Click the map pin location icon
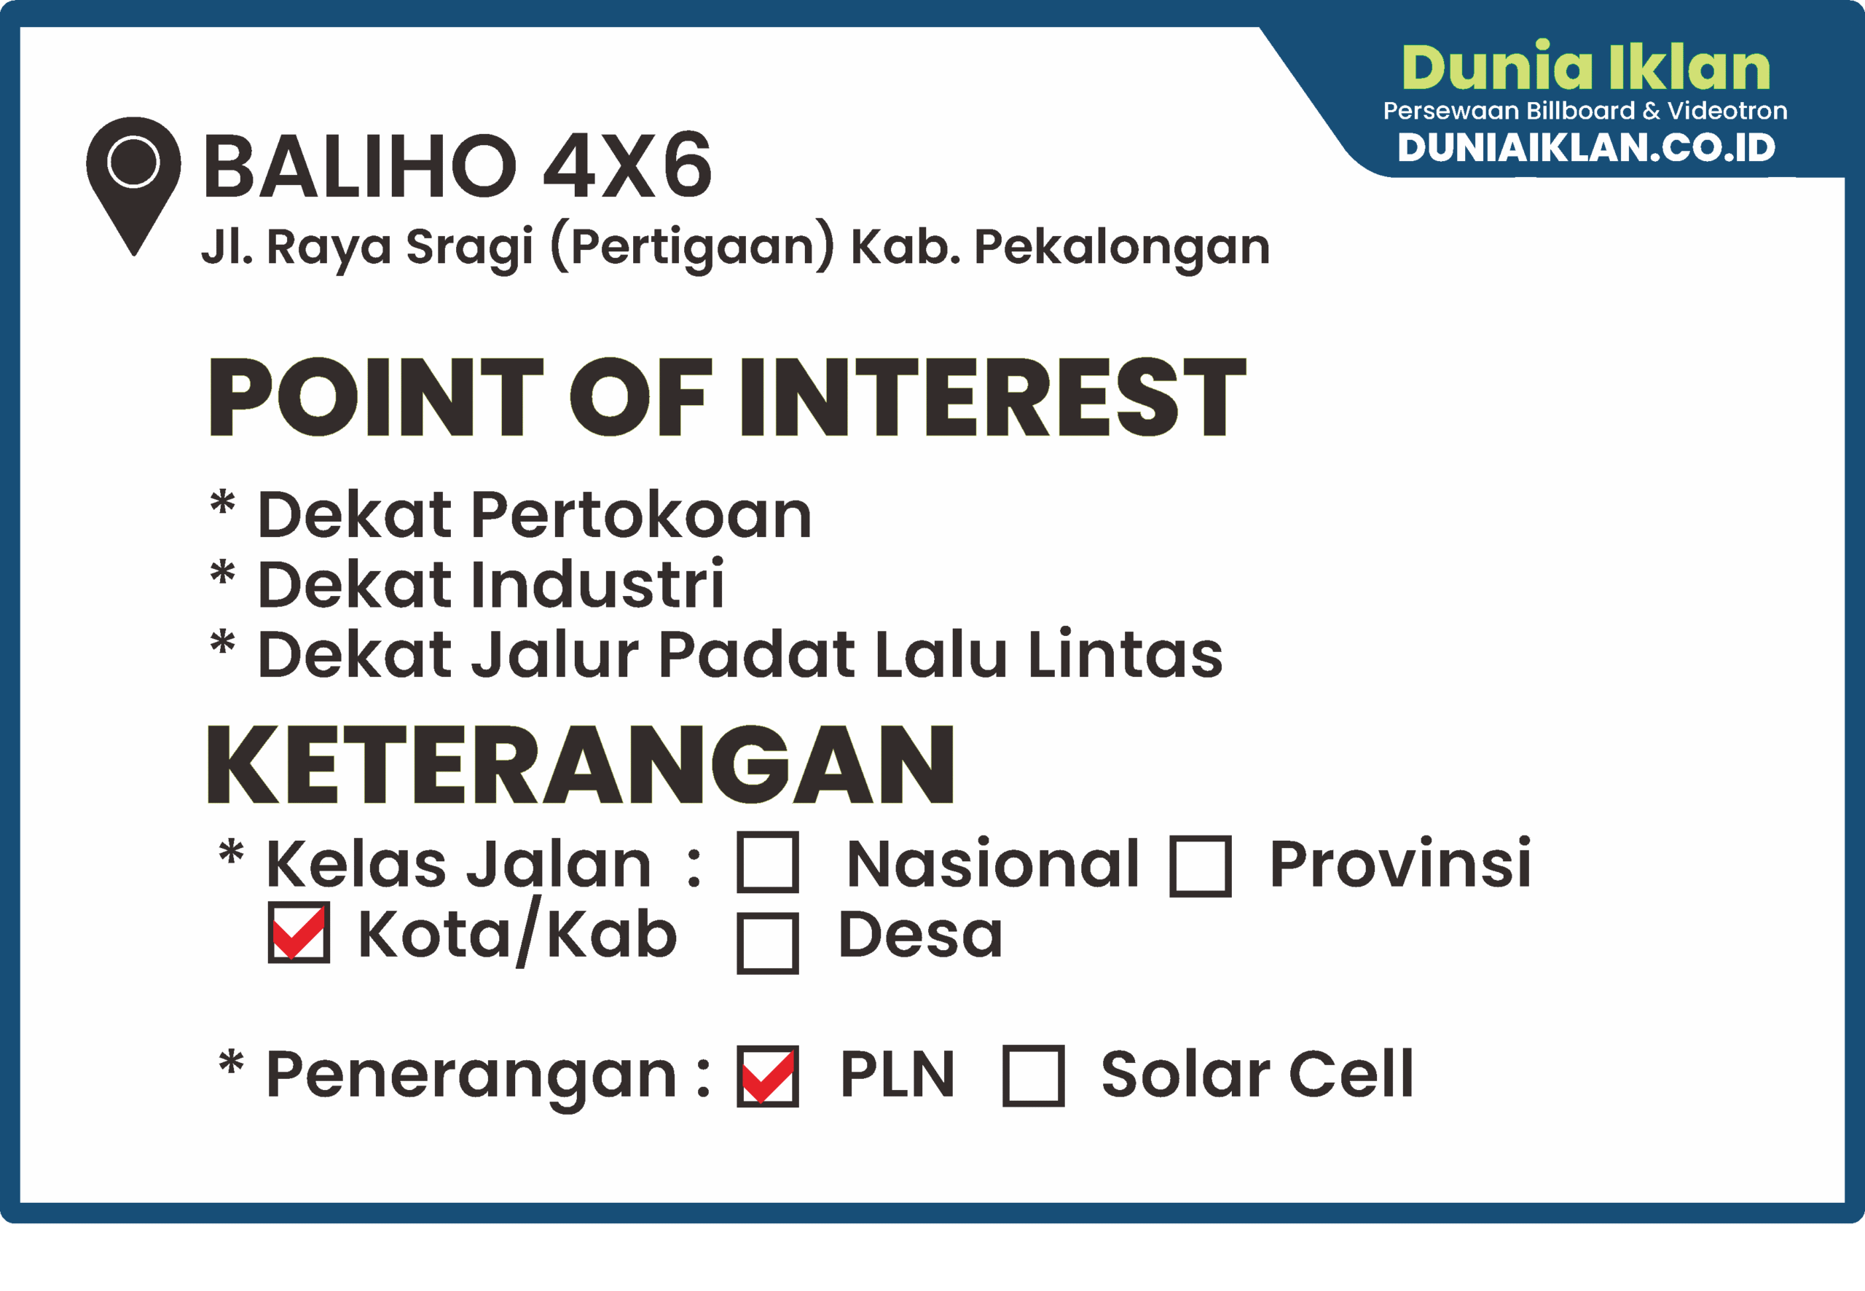coord(133,178)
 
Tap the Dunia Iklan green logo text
coord(1586,68)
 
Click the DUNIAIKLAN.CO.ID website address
coord(1586,147)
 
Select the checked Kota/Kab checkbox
coord(299,933)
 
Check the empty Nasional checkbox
coord(768,863)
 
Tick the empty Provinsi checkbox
coord(1200,866)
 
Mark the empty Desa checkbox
coord(768,943)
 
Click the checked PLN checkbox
coord(768,1076)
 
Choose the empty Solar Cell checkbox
coord(1033,1076)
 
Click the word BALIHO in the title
coord(360,168)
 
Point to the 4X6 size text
coord(627,168)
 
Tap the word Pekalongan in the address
coord(1122,247)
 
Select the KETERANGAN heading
coord(581,765)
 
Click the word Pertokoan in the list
coord(641,514)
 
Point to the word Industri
coord(597,584)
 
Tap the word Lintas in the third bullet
coord(1125,654)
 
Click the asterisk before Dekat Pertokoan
coord(222,503)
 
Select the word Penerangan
coord(471,1076)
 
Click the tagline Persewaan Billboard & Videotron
coord(1585,111)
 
